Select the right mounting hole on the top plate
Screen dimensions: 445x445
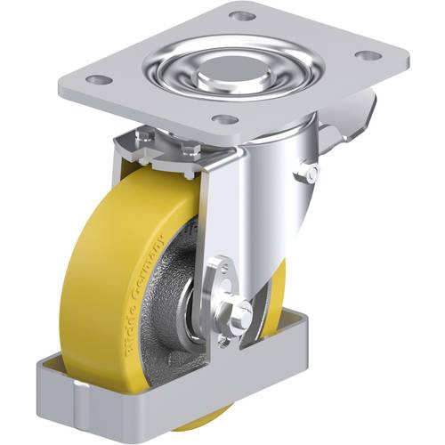pos(365,55)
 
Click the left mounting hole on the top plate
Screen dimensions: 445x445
pos(101,80)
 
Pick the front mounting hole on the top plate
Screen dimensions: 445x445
pos(226,119)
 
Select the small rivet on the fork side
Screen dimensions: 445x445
pos(310,170)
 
